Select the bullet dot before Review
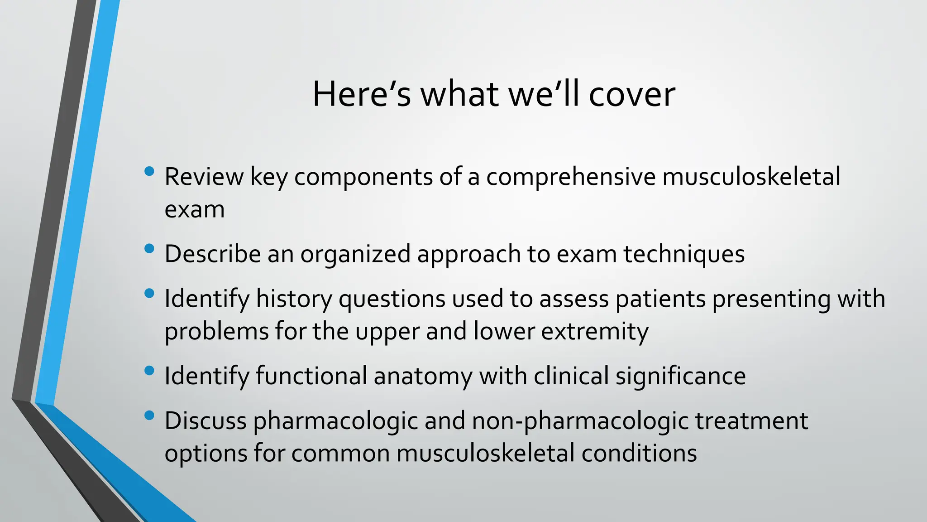coord(149,172)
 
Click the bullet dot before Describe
coord(149,249)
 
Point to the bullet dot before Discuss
coord(149,416)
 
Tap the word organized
coord(355,254)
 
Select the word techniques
coord(684,254)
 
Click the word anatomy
coord(423,376)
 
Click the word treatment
coord(751,421)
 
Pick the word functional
coord(311,376)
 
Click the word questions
coord(392,299)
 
